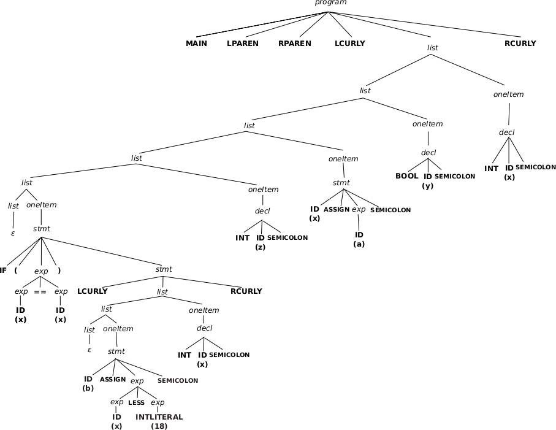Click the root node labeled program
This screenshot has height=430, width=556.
[x=330, y=3]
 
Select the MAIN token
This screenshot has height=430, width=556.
[x=196, y=44]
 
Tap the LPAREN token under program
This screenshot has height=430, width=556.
[x=242, y=44]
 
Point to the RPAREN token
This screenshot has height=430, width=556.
[x=294, y=44]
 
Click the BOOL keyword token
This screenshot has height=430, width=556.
[x=406, y=176]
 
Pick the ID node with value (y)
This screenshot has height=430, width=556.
[x=428, y=181]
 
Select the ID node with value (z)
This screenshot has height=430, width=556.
[x=261, y=242]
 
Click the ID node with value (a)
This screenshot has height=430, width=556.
[x=359, y=239]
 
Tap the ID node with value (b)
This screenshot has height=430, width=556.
[x=88, y=383]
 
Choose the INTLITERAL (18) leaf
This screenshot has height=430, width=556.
[x=159, y=421]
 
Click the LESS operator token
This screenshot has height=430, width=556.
[x=136, y=403]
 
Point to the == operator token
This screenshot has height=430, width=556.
[x=40, y=292]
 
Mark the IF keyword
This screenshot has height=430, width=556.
[x=4, y=271]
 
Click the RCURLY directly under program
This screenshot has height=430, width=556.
[x=520, y=44]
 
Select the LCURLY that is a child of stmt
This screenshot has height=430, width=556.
[x=92, y=291]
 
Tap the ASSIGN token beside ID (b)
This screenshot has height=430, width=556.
[x=113, y=380]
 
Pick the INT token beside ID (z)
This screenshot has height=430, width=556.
[x=242, y=238]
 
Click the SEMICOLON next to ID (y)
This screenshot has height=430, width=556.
[x=455, y=177]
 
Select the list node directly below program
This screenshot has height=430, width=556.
[x=432, y=48]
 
